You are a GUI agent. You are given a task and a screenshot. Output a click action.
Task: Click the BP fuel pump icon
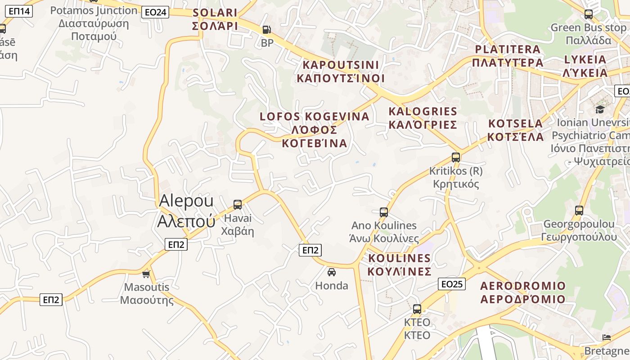[x=266, y=30]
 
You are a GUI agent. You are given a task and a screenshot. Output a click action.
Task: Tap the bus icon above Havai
[x=238, y=205]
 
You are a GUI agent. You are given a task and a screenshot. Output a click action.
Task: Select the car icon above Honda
[x=332, y=272]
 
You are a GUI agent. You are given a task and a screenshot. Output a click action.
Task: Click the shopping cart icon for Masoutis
[x=146, y=274]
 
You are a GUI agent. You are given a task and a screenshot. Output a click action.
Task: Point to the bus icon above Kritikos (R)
[x=456, y=157]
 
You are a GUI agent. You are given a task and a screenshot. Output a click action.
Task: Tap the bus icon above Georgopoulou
[x=579, y=210]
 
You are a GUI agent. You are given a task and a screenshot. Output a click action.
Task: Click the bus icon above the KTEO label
[x=417, y=309]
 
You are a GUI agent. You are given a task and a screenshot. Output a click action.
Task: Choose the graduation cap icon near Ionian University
[x=600, y=109]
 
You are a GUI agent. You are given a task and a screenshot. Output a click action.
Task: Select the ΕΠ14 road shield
[x=18, y=11]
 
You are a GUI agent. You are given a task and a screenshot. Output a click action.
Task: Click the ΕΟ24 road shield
[x=155, y=12]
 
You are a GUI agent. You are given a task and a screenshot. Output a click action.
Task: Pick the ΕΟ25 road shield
[x=451, y=284]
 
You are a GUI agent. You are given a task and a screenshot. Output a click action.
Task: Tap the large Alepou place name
[x=186, y=211]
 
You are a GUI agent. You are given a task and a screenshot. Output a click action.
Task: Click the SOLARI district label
[x=215, y=19]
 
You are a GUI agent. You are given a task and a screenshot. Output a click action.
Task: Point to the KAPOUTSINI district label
[x=341, y=71]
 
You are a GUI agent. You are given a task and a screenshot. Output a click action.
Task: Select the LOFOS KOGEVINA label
[x=315, y=130]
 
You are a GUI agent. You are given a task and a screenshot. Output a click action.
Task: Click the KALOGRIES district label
[x=423, y=117]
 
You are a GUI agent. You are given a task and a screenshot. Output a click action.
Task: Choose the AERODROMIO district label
[x=522, y=292]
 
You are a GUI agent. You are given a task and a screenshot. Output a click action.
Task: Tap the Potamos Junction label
[x=94, y=23]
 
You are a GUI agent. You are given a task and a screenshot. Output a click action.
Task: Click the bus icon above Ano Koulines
[x=384, y=212]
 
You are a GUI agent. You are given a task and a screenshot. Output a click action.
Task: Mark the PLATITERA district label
[x=508, y=55]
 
